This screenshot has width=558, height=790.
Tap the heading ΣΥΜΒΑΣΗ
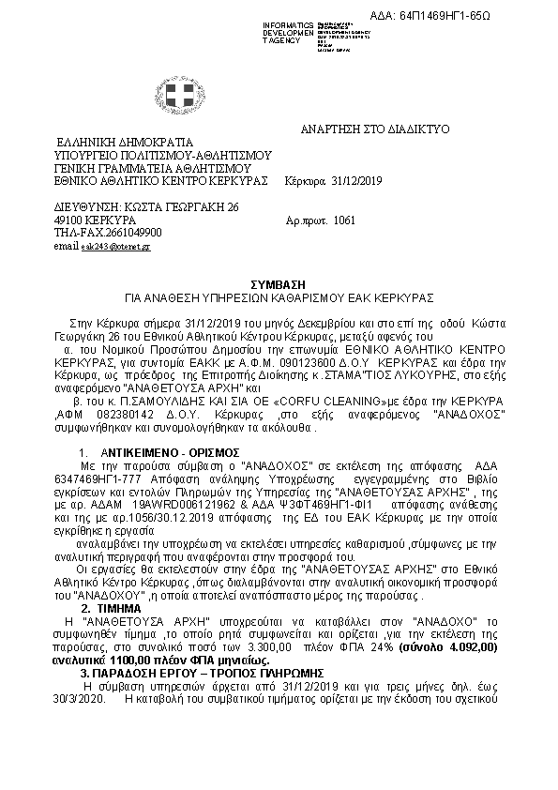click(278, 282)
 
